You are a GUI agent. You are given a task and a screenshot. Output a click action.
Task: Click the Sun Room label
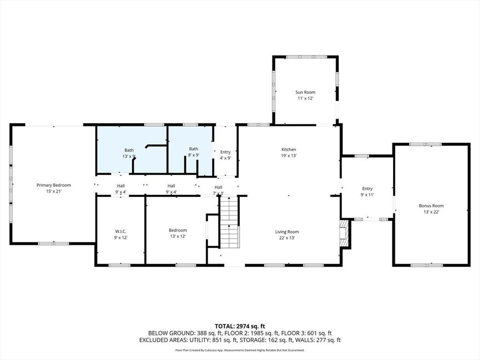[305, 92]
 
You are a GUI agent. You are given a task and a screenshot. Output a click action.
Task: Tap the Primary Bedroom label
[53, 185]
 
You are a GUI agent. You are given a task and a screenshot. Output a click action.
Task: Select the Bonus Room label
[431, 205]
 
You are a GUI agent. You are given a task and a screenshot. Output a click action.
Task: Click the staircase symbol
[229, 222]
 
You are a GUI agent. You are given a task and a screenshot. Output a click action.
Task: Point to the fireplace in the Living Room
[345, 233]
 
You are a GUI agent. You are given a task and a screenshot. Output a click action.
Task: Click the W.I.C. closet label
[120, 232]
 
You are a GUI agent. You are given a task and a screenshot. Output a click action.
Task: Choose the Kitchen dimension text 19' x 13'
[289, 156]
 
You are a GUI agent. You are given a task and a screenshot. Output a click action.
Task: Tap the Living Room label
[287, 232]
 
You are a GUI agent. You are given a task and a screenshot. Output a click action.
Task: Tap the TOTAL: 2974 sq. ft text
[240, 326]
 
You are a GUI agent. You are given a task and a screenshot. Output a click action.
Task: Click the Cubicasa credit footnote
[240, 350]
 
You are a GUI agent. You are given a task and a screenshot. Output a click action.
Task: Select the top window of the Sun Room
[307, 57]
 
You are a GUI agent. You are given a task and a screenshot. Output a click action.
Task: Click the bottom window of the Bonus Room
[427, 265]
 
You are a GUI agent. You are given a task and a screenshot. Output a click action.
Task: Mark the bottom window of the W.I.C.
[120, 265]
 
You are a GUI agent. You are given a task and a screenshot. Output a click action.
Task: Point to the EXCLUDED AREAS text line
[240, 340]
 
